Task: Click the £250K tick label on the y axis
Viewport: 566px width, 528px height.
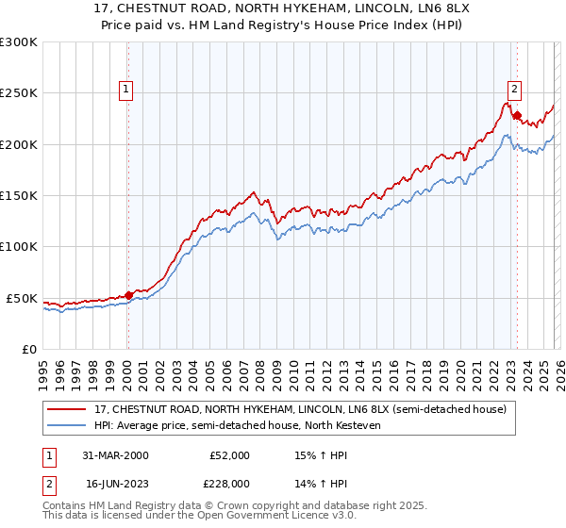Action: tap(18, 93)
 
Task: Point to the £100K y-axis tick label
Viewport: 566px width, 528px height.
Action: tap(18, 247)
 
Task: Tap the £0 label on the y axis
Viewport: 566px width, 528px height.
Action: tap(29, 349)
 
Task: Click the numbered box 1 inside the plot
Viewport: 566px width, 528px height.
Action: tap(126, 91)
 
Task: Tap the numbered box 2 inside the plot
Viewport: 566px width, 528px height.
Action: tap(514, 91)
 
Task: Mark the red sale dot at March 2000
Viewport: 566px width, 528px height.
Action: tap(129, 295)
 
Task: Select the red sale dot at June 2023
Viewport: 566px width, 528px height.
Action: tap(517, 116)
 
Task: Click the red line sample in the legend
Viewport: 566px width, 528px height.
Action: tap(67, 409)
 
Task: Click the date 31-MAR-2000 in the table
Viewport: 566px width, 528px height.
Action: tap(115, 454)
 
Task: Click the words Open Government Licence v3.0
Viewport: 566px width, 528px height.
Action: tap(270, 518)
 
